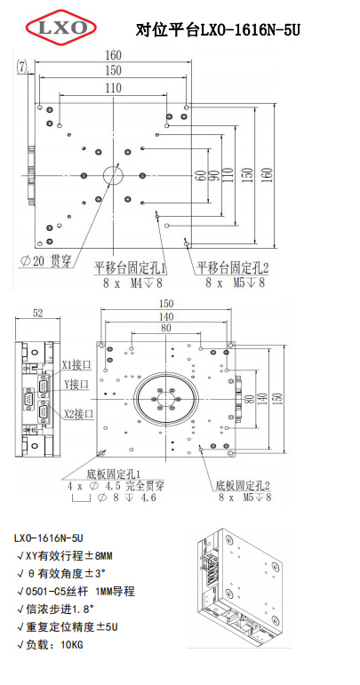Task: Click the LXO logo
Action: [x=61, y=28]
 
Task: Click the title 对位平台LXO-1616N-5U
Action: [x=218, y=30]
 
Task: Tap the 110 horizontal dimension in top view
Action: [x=113, y=88]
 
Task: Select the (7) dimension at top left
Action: [x=22, y=66]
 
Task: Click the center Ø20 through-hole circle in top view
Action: [x=114, y=175]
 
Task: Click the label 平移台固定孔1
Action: [x=131, y=267]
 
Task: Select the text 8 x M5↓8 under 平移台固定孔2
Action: [x=235, y=283]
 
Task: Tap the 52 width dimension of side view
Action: [x=37, y=313]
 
